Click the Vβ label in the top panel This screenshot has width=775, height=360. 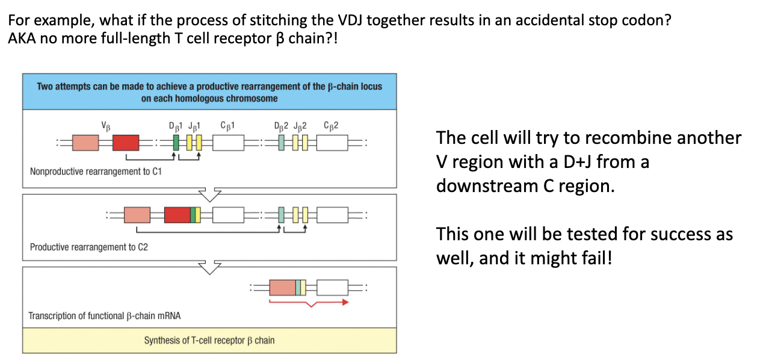click(x=106, y=126)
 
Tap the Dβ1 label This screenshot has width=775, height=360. click(x=177, y=126)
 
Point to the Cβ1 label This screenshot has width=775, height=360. click(x=227, y=126)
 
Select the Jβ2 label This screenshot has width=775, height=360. click(x=300, y=126)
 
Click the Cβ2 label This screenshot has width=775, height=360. click(x=331, y=126)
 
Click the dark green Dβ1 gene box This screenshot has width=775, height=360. click(x=176, y=143)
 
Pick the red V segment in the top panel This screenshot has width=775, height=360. click(x=126, y=143)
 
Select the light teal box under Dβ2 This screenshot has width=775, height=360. click(x=282, y=143)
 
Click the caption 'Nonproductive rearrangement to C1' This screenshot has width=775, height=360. click(x=96, y=172)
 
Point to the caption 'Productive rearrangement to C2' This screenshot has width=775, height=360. click(x=88, y=247)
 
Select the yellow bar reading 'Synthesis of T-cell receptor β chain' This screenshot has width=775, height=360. click(x=209, y=341)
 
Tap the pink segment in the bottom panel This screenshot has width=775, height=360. click(x=282, y=287)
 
